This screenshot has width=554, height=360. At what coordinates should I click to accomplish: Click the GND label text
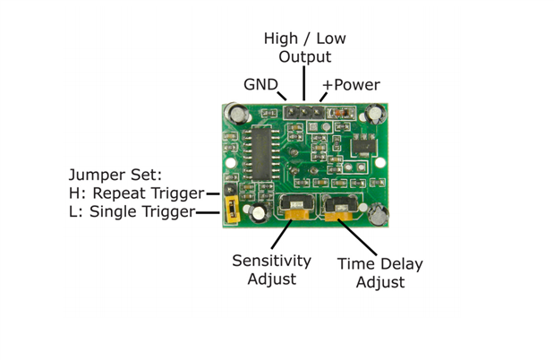(260, 84)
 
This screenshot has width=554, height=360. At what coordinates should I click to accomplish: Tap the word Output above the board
(305, 56)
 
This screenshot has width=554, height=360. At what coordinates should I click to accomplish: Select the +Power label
(351, 85)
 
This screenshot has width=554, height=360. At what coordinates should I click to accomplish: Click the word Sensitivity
(272, 261)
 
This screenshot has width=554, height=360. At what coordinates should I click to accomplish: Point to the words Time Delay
(380, 264)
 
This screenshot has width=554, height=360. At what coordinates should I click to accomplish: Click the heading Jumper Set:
(115, 175)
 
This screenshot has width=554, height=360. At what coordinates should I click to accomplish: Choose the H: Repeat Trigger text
(136, 193)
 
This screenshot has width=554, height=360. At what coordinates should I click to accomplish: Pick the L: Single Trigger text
(132, 211)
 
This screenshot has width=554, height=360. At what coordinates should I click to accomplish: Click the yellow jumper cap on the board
(232, 210)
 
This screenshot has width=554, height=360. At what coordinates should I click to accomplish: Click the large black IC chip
(262, 153)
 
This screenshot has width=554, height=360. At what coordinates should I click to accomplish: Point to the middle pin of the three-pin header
(304, 113)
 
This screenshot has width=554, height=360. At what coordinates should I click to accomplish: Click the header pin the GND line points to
(291, 113)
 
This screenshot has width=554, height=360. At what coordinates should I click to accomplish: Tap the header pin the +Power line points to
(318, 113)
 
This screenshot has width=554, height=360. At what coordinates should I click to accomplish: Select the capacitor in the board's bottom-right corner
(379, 215)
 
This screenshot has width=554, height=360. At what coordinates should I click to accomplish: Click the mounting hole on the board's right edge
(380, 163)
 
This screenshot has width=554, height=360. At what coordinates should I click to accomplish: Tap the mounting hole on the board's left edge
(230, 163)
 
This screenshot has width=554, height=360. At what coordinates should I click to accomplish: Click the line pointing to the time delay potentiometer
(357, 237)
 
